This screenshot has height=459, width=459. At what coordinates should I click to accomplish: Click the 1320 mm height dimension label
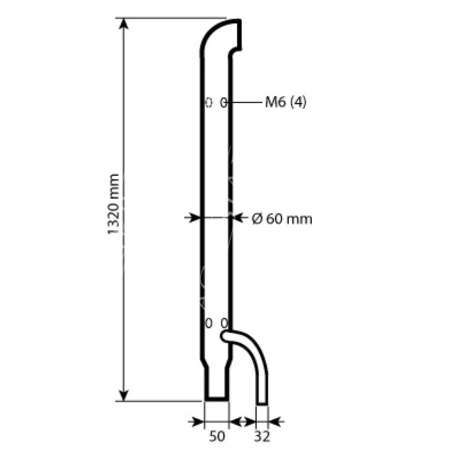pyautogui.click(x=114, y=204)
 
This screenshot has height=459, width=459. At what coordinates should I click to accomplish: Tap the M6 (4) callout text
pyautogui.click(x=286, y=102)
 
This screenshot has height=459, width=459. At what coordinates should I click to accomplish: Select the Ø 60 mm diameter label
pyautogui.click(x=282, y=219)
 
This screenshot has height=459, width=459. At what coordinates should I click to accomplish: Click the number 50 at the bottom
pyautogui.click(x=217, y=437)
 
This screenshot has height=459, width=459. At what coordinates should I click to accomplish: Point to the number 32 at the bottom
pyautogui.click(x=262, y=437)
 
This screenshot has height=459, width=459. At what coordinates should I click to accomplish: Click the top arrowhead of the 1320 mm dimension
pyautogui.click(x=124, y=24)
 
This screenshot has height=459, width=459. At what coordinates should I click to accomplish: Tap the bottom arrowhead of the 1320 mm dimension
pyautogui.click(x=124, y=395)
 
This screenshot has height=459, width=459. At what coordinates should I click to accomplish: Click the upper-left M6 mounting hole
pyautogui.click(x=209, y=103)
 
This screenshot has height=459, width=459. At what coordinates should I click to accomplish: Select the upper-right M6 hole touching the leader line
pyautogui.click(x=223, y=103)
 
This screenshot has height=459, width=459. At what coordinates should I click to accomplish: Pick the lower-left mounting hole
pyautogui.click(x=209, y=324)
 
